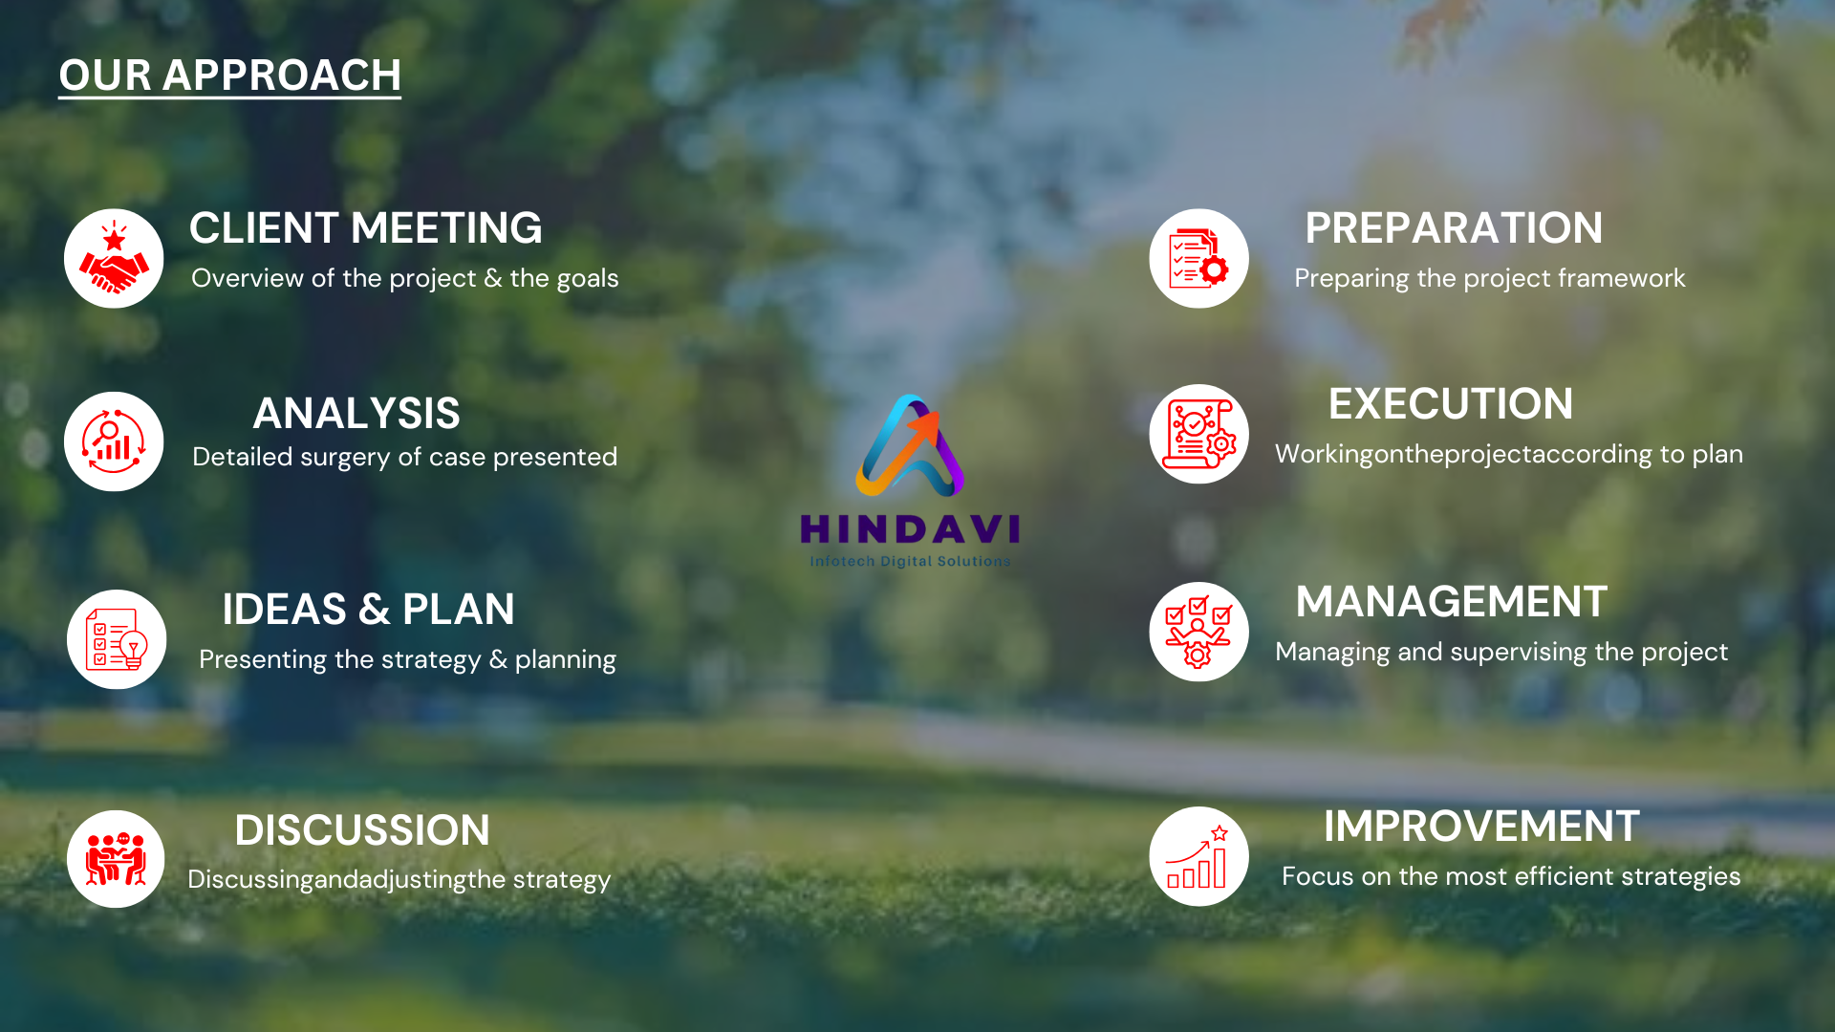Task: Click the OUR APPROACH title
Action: pyautogui.click(x=229, y=75)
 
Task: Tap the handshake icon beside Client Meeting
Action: pyautogui.click(x=114, y=258)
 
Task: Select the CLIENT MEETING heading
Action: pyautogui.click(x=365, y=228)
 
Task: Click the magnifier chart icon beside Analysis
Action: pyautogui.click(x=114, y=441)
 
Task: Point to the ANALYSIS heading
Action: pyautogui.click(x=356, y=414)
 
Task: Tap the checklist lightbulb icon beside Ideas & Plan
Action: pyautogui.click(x=117, y=639)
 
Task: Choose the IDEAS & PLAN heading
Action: pyautogui.click(x=368, y=610)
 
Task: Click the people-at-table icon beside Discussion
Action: pyautogui.click(x=117, y=859)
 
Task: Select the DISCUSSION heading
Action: pyautogui.click(x=362, y=830)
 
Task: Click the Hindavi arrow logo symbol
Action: pyautogui.click(x=910, y=445)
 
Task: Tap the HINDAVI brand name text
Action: pyautogui.click(x=910, y=528)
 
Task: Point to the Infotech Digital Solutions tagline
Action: pyautogui.click(x=910, y=562)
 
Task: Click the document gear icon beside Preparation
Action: pyautogui.click(x=1199, y=258)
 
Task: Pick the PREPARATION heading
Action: pyautogui.click(x=1454, y=228)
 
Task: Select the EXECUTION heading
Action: pyautogui.click(x=1451, y=404)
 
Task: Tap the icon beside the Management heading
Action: pyautogui.click(x=1199, y=632)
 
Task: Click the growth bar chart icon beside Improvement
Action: pyautogui.click(x=1199, y=856)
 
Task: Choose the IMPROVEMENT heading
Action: pyautogui.click(x=1481, y=827)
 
